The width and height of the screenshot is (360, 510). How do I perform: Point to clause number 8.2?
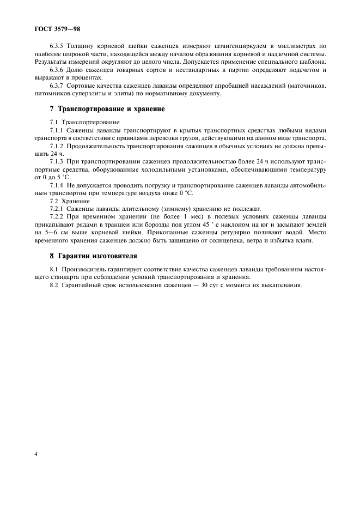[54, 284]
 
